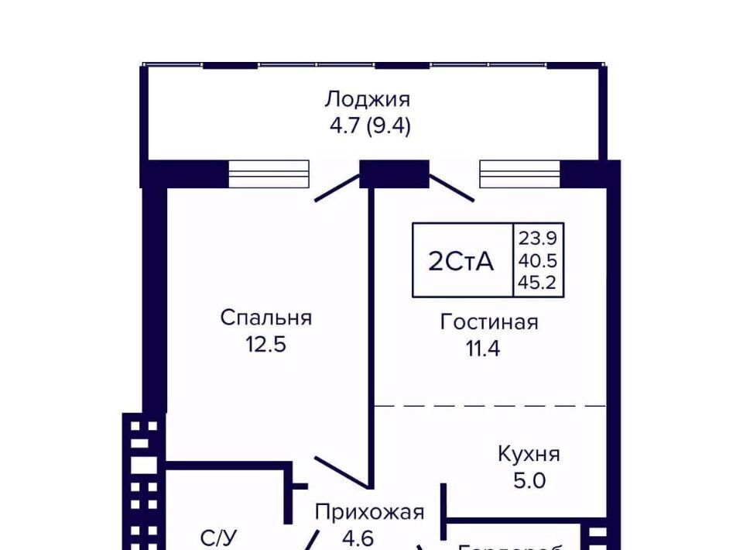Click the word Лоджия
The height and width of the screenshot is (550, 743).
click(367, 99)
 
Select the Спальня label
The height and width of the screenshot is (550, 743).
click(265, 318)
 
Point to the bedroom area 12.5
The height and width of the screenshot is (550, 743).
click(265, 344)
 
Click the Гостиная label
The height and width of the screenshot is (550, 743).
click(489, 321)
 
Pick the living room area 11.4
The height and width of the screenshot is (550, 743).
click(483, 348)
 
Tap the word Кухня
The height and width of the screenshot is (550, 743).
click(529, 454)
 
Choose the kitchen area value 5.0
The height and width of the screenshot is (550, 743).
click(529, 480)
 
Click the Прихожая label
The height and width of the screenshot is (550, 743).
click(369, 512)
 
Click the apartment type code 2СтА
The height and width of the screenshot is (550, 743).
click(461, 262)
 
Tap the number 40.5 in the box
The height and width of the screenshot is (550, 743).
click(538, 260)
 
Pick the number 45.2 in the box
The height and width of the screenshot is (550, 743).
click(538, 284)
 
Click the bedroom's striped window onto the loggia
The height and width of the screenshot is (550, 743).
click(269, 174)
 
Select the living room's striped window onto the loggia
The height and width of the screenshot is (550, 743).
click(519, 174)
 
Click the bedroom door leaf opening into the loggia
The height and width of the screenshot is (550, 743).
click(337, 189)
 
